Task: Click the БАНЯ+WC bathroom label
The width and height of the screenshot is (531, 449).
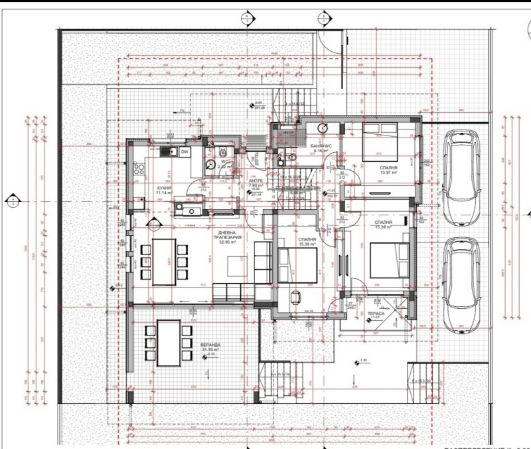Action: pos(320,145)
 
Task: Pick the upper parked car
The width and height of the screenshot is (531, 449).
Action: pos(461,176)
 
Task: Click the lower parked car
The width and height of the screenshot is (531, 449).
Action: pos(461,286)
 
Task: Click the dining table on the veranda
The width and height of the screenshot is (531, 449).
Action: pos(169,343)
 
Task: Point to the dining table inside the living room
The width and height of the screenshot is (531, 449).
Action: pos(164,262)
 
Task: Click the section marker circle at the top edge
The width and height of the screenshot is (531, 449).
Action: pos(246,19)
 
